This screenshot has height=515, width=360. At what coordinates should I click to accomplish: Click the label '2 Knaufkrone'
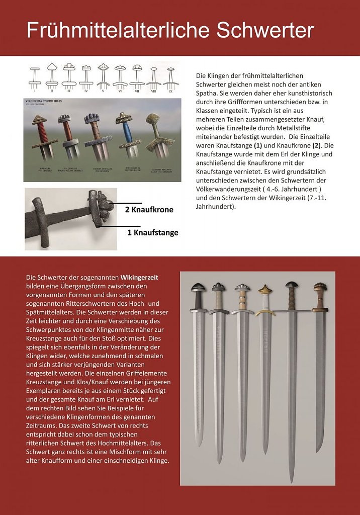149,209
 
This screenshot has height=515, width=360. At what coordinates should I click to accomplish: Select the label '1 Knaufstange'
152,232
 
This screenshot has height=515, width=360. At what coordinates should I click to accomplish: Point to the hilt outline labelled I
35,78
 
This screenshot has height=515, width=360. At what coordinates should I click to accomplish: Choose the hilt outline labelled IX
170,78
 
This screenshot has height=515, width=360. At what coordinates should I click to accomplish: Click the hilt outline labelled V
103,78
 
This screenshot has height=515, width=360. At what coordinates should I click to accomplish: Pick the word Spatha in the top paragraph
207,94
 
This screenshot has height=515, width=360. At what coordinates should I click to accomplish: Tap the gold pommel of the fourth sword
265,290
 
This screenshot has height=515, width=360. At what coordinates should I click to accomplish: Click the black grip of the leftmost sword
197,301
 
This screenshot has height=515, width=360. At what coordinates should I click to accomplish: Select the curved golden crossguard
265,312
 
